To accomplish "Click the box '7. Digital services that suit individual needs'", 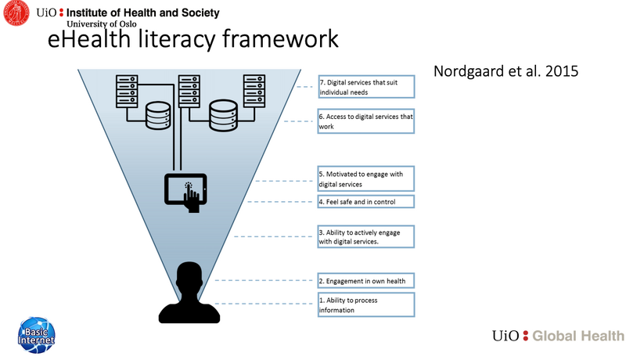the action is point(366,87).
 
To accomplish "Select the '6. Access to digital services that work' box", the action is point(365,121).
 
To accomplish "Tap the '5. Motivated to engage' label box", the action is point(365,178).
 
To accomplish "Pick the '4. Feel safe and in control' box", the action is point(365,202).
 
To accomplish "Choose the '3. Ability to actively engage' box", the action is point(365,236).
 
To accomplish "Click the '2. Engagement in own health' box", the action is point(365,281).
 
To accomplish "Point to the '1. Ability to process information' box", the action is point(366,305).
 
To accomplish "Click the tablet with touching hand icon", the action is point(185,193).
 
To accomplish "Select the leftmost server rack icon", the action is point(127,92).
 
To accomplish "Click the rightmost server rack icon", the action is point(254,91).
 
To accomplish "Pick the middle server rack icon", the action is point(189,92).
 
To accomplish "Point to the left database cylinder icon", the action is point(158,116).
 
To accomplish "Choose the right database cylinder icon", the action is point(224,116).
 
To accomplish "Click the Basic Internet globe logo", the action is point(36,335).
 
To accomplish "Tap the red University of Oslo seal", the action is point(16,13).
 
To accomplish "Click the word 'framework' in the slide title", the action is point(280,39).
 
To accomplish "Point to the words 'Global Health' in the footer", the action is point(578,336).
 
